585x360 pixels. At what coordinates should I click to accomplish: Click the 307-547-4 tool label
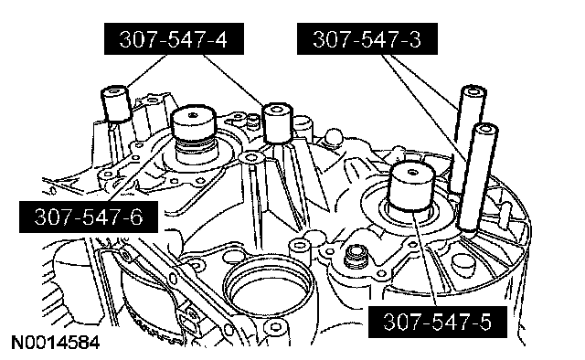pyautogui.click(x=174, y=38)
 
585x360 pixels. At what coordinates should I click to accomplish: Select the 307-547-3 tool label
pyautogui.click(x=367, y=38)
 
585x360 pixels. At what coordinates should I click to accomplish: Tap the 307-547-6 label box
pyautogui.click(x=89, y=217)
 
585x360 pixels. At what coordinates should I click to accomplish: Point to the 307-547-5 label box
pyautogui.click(x=438, y=322)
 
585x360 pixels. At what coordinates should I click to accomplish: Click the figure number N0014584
pyautogui.click(x=56, y=343)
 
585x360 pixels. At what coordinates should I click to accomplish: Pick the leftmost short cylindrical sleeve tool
pyautogui.click(x=116, y=103)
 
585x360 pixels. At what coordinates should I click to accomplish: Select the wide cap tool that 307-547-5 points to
pyautogui.click(x=412, y=186)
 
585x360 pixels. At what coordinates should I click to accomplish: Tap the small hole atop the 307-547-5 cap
pyautogui.click(x=412, y=172)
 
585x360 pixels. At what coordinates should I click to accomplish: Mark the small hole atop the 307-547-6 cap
pyautogui.click(x=193, y=115)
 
